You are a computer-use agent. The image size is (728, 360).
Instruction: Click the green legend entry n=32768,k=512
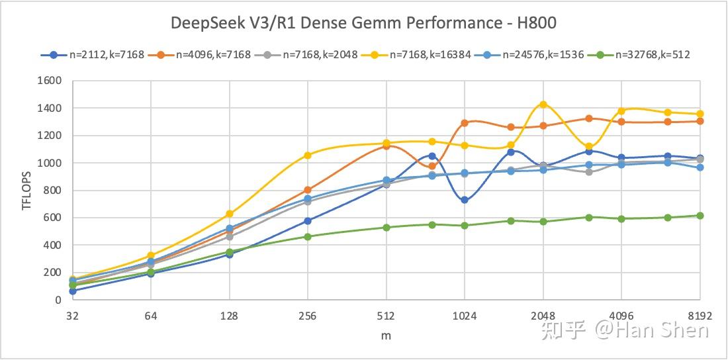[x=652, y=55]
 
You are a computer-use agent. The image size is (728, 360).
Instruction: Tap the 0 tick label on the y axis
[x=58, y=300]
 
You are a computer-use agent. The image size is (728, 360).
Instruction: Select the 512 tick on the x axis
[x=386, y=316]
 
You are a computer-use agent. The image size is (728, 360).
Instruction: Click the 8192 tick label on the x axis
[x=700, y=316]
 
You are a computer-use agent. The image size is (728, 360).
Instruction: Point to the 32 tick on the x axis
[x=72, y=316]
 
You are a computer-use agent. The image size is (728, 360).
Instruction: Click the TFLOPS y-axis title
[x=26, y=191]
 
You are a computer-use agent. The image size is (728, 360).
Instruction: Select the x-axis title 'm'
[x=386, y=336]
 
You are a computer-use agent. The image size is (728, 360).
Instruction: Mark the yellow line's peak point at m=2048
[x=543, y=105]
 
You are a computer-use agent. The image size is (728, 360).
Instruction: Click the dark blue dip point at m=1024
[x=465, y=200]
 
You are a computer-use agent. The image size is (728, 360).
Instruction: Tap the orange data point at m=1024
[x=465, y=123]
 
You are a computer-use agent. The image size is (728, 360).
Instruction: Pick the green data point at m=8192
[x=700, y=216]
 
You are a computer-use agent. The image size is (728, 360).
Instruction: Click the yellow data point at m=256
[x=308, y=156]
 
